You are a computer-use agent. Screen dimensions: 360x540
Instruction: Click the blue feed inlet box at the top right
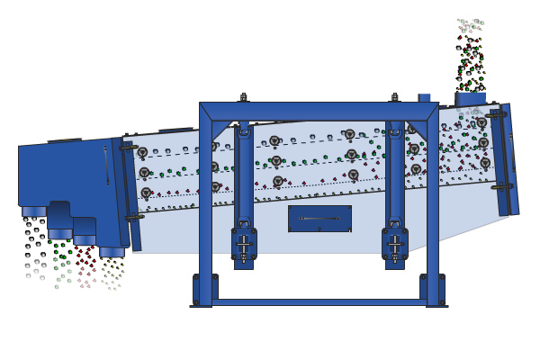pyautogui.click(x=470, y=98)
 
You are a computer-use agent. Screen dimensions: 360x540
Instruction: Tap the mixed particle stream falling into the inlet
pyautogui.click(x=469, y=54)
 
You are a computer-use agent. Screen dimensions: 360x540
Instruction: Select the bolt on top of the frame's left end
pyautogui.click(x=243, y=96)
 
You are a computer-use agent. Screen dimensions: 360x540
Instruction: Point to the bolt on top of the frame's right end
pyautogui.click(x=394, y=96)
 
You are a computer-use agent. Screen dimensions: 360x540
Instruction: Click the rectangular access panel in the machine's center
pyautogui.click(x=319, y=219)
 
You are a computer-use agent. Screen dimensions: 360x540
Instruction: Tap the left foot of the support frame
pyautogui.click(x=205, y=290)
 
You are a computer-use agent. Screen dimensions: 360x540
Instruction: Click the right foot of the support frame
pyautogui.click(x=433, y=290)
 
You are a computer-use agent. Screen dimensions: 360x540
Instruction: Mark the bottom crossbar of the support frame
pyautogui.click(x=319, y=302)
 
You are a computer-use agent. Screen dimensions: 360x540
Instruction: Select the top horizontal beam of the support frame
pyautogui.click(x=319, y=111)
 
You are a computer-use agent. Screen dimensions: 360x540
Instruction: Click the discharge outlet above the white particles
pyautogui.click(x=34, y=211)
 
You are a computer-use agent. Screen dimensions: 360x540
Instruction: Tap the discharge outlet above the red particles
pyautogui.click(x=85, y=239)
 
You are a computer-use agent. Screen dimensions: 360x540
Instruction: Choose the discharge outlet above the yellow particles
pyautogui.click(x=112, y=252)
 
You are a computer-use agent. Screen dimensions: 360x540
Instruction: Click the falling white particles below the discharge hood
pyautogui.click(x=34, y=247)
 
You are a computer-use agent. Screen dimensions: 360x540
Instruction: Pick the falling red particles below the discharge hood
pyautogui.click(x=86, y=265)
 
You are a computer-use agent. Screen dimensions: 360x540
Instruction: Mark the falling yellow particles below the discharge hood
pyautogui.click(x=112, y=272)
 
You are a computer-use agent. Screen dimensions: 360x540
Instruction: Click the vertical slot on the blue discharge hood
pyautogui.click(x=106, y=166)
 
